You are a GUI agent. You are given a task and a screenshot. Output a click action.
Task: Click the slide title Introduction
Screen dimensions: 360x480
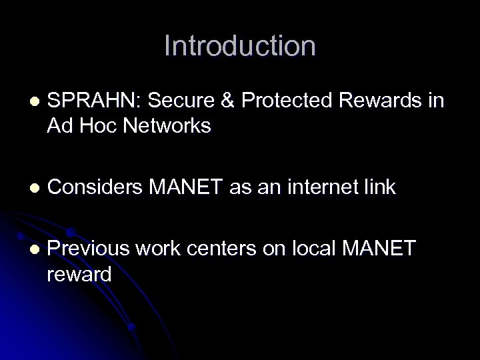pos(240,46)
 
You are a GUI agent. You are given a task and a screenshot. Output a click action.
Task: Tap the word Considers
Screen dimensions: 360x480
pos(93,188)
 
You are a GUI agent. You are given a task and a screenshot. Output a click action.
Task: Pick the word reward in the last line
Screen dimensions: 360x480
pos(79,274)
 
